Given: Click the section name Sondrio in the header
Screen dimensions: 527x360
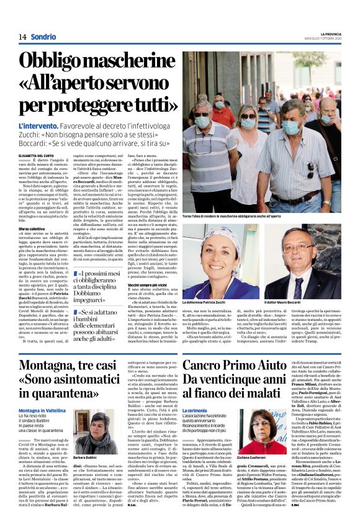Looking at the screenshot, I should point(43,36).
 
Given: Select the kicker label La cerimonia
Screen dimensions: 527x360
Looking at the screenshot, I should point(198,411).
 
